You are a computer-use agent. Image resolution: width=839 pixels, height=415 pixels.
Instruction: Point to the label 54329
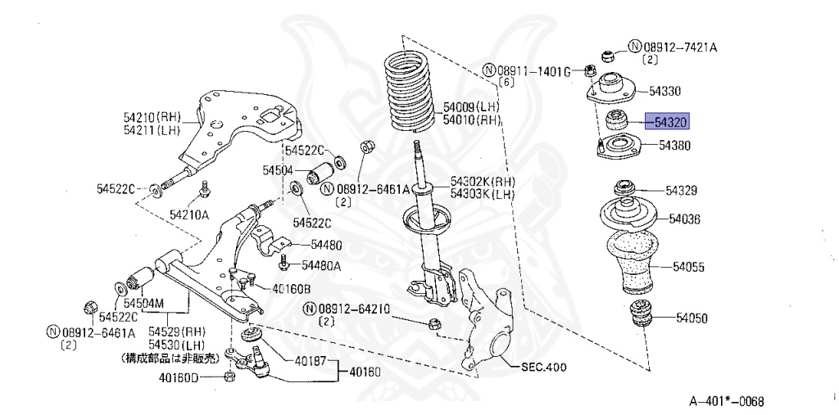click(x=681, y=191)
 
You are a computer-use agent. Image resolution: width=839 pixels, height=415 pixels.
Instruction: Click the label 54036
click(x=684, y=219)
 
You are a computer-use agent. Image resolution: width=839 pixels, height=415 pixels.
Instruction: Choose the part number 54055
click(x=689, y=267)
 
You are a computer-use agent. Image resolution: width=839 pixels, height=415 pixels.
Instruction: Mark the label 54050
click(x=691, y=318)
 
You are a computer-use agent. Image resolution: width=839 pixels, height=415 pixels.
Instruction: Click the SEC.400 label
click(x=543, y=367)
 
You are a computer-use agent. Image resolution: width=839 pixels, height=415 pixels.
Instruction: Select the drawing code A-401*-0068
click(x=726, y=401)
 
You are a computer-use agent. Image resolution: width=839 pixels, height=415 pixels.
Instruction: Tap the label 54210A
click(x=189, y=214)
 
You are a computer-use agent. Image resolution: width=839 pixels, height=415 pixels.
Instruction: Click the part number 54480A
click(x=320, y=264)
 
